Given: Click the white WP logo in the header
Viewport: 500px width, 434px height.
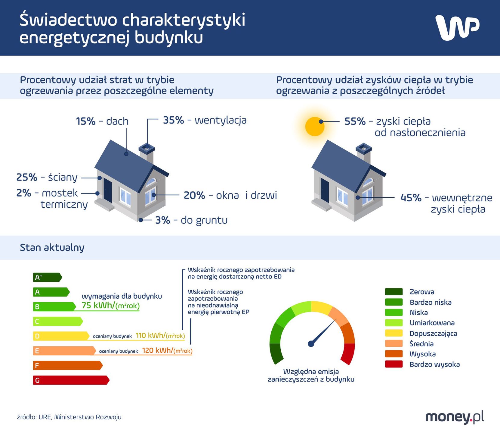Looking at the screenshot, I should pyautogui.click(x=457, y=27).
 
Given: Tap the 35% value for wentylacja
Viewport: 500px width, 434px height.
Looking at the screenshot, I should pyautogui.click(x=173, y=120).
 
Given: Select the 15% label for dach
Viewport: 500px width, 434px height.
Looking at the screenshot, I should pyautogui.click(x=86, y=121).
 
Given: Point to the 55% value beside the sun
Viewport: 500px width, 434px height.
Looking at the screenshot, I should pyautogui.click(x=355, y=121).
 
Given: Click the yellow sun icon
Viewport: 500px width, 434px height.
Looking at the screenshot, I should pyautogui.click(x=315, y=126).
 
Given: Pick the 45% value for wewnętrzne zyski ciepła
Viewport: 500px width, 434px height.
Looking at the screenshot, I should pyautogui.click(x=411, y=198).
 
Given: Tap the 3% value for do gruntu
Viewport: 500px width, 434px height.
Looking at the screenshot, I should pyautogui.click(x=162, y=220).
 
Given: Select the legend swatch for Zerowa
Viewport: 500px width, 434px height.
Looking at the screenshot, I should pyautogui.click(x=394, y=292).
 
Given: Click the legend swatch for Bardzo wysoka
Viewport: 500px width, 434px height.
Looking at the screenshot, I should pyautogui.click(x=394, y=364).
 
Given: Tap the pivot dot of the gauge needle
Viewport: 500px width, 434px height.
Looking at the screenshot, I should pyautogui.click(x=311, y=344).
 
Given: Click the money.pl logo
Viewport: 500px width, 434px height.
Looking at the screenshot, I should pyautogui.click(x=455, y=417).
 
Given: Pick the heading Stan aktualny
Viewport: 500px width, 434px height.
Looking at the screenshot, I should pyautogui.click(x=52, y=248).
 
